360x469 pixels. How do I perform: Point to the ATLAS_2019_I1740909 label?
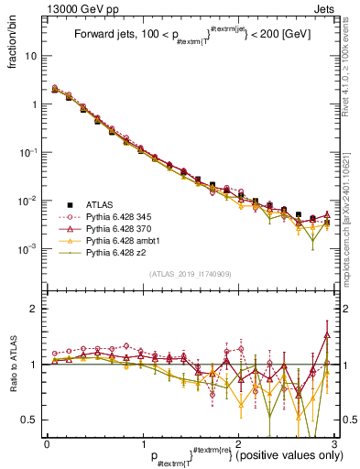[x=189, y=274]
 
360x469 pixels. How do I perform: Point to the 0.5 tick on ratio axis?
[x=34, y=420]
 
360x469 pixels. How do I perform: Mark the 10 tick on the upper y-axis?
[x=34, y=56]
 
